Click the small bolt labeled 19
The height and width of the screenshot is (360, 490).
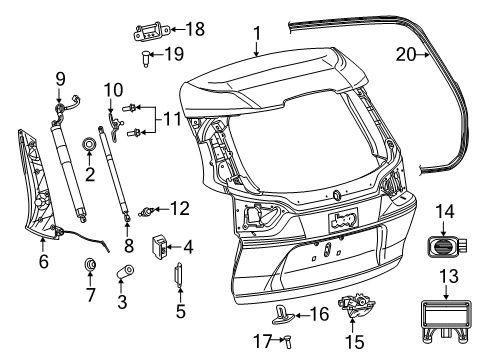tap(147, 56)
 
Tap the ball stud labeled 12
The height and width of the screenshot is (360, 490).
tap(147, 210)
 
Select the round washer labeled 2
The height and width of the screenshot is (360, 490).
tap(90, 146)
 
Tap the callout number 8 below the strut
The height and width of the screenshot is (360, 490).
tap(127, 245)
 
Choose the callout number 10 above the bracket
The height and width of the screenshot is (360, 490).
tap(112, 90)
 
